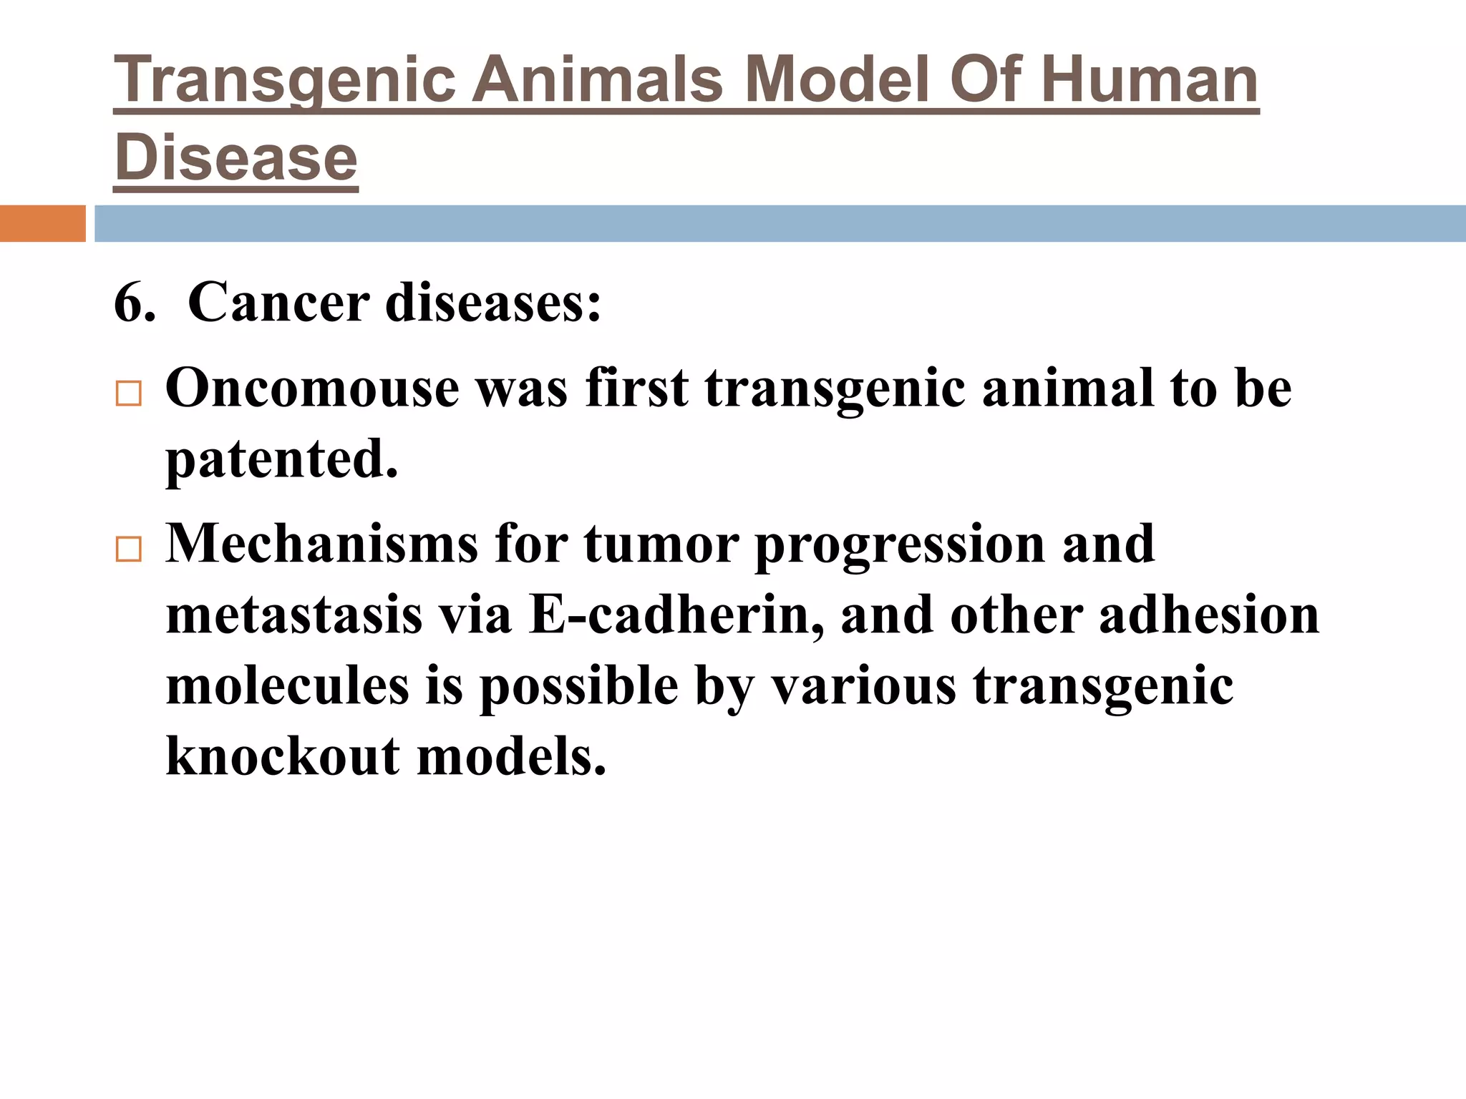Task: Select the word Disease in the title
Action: pyautogui.click(x=236, y=158)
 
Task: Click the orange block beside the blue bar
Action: pyautogui.click(x=42, y=223)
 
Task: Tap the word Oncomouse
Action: pyautogui.click(x=312, y=389)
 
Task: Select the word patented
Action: pyautogui.click(x=281, y=459)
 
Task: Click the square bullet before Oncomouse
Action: pyautogui.click(x=129, y=394)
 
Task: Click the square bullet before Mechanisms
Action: pyautogui.click(x=129, y=549)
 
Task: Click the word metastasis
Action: pyautogui.click(x=294, y=615)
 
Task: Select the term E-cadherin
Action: pyautogui.click(x=676, y=615)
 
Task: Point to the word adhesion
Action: pyautogui.click(x=1209, y=615)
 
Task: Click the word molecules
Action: pyautogui.click(x=288, y=685)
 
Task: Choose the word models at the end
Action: pyautogui.click(x=511, y=757)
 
